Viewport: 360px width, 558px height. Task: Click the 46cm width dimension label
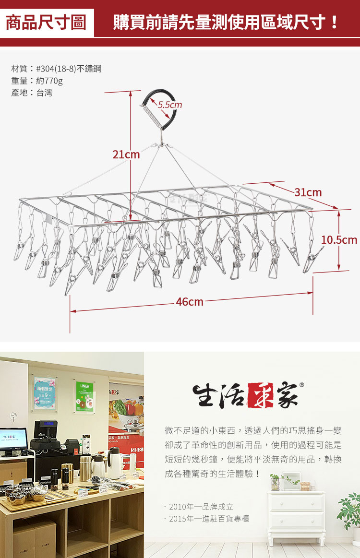189,302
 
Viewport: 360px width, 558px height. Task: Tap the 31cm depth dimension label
308,192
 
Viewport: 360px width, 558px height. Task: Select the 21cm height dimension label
126,154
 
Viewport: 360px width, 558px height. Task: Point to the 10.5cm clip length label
339,239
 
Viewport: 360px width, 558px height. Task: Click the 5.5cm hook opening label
170,105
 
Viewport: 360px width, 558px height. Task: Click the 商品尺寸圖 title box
46,23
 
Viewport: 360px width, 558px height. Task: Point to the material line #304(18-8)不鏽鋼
56,69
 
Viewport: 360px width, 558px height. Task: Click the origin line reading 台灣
32,93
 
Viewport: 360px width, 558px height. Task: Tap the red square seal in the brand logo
259,395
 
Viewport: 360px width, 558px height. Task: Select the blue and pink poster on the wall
45,393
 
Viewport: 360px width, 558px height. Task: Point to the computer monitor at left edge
13,440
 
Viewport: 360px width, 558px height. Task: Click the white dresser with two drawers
296,511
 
